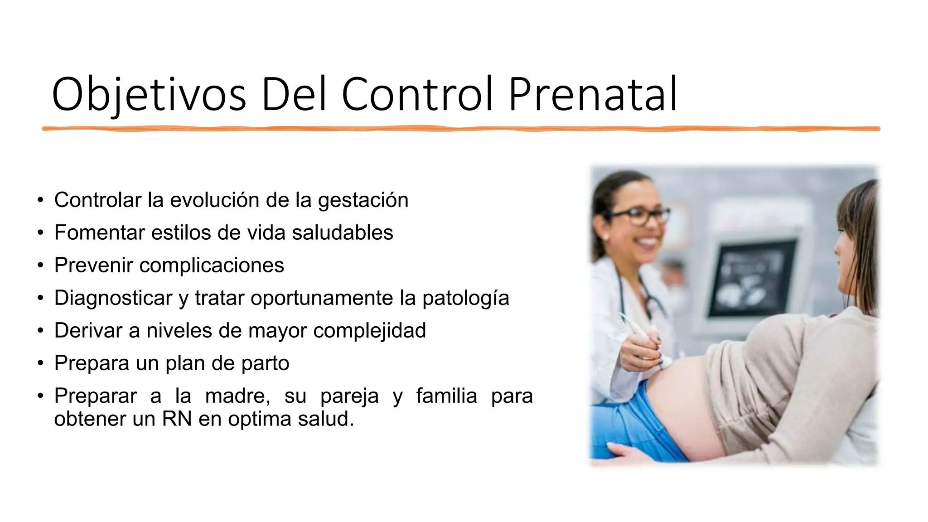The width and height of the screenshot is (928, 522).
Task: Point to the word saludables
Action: coord(342,233)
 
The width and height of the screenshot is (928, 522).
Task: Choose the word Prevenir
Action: coord(93,266)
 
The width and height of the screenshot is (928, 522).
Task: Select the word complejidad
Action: coord(369,331)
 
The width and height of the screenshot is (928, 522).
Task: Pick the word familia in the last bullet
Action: coord(446,396)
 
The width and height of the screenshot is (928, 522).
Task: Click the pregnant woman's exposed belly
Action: coord(680,408)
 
